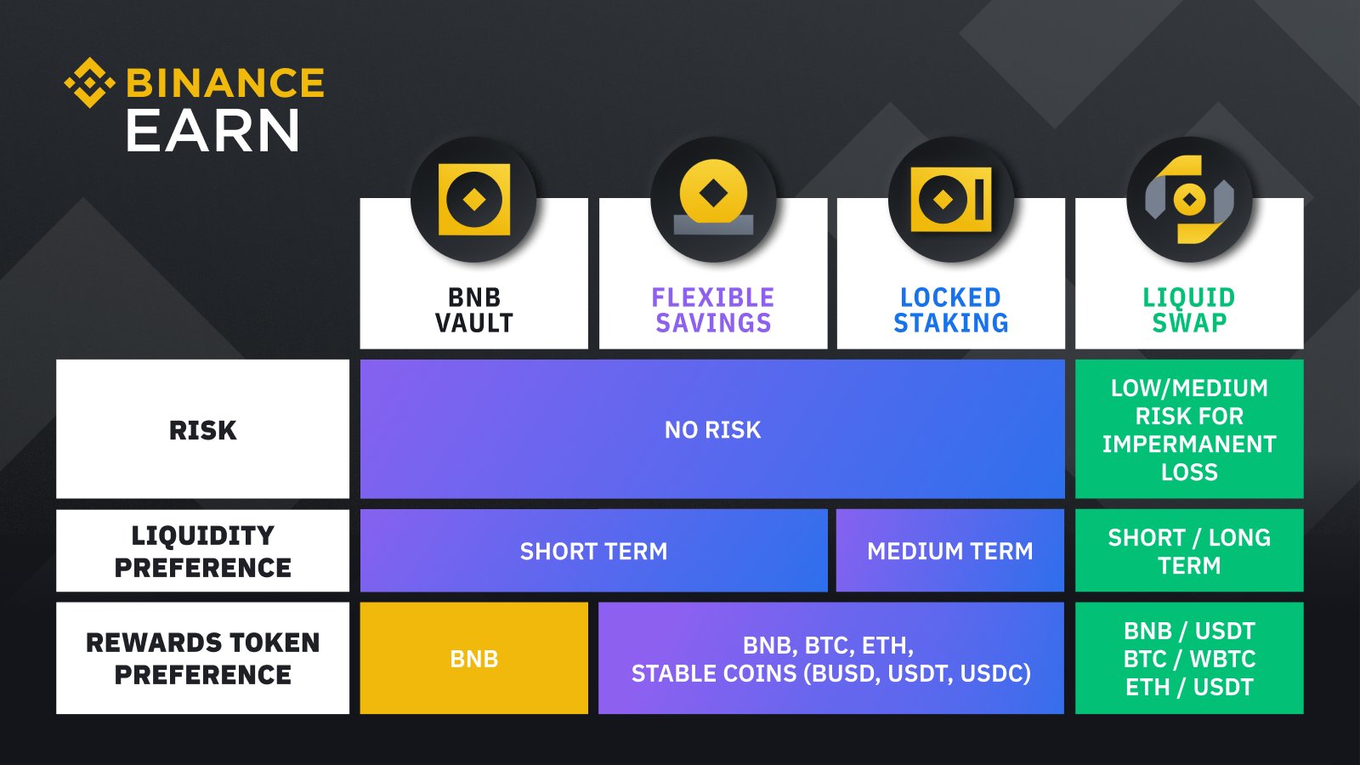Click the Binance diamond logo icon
[x=89, y=82]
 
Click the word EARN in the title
[x=212, y=132]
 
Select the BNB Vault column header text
[x=474, y=310]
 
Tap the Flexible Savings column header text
[x=713, y=310]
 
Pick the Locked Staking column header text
[x=950, y=310]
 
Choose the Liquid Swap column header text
[x=1189, y=310]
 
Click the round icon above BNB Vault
[x=473, y=200]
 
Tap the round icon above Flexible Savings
[x=713, y=200]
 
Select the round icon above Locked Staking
[x=950, y=200]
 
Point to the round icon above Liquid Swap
[x=1189, y=200]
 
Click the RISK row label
[x=202, y=430]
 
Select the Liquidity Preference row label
[x=202, y=551]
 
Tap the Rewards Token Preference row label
[x=202, y=658]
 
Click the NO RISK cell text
[x=712, y=430]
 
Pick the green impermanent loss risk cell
[x=1189, y=429]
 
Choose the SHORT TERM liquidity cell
[x=593, y=552]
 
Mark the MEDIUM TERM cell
[x=950, y=552]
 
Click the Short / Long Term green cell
[x=1189, y=551]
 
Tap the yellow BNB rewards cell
[x=473, y=659]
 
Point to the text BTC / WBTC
[x=1189, y=659]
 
